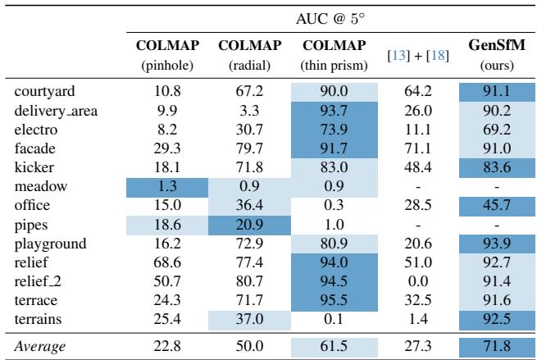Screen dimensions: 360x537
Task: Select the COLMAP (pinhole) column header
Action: [x=159, y=53]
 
